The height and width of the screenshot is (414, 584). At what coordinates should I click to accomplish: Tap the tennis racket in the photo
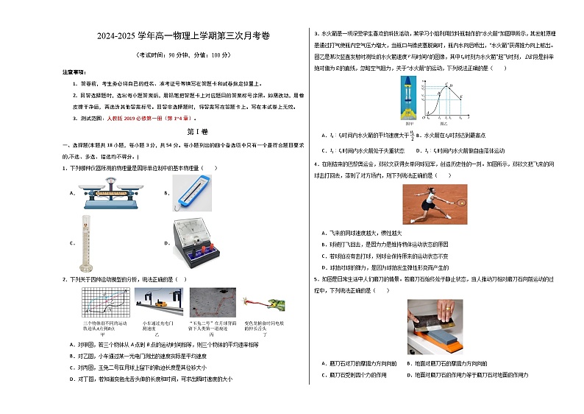[461, 200]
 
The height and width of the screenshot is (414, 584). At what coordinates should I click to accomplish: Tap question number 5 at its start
[316, 279]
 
